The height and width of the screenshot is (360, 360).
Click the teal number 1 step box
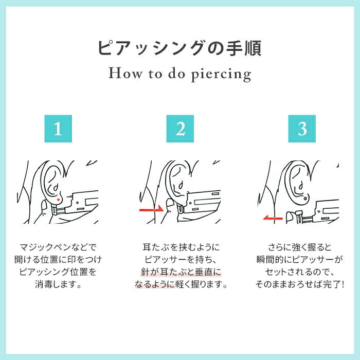point(58,129)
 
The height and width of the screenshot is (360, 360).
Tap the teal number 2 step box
point(180,129)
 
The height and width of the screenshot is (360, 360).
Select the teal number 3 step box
point(302,129)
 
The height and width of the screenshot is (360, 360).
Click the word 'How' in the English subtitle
point(125,73)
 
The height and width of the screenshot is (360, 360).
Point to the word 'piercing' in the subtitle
point(221,75)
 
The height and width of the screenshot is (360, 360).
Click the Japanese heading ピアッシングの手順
point(180,48)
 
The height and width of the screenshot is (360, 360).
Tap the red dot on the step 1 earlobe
point(58,200)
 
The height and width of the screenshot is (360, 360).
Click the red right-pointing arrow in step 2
point(151,209)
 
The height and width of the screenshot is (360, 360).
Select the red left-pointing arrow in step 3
point(273,218)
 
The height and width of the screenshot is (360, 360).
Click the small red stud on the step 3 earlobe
point(305,198)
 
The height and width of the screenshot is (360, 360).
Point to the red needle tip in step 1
point(69,196)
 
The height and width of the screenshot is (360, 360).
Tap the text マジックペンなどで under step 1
point(58,247)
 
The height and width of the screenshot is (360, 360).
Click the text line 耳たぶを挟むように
point(181,247)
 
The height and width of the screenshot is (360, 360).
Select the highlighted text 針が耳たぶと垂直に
point(181,272)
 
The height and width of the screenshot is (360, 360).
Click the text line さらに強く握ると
point(300,247)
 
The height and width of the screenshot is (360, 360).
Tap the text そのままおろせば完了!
point(300,284)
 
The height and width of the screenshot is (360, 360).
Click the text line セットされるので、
point(300,272)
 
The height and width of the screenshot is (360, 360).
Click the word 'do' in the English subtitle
point(176,73)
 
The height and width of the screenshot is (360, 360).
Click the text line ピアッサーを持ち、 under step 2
point(181,260)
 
